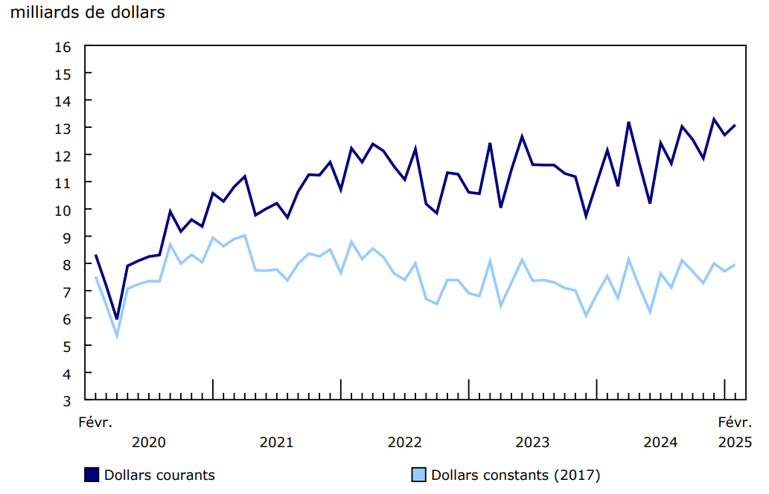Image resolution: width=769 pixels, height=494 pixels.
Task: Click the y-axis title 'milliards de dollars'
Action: (x=88, y=13)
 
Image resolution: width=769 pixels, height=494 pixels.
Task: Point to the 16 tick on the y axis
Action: (x=63, y=46)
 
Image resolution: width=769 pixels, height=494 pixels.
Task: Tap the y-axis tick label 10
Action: (x=63, y=210)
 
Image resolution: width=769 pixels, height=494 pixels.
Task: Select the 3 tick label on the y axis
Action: (x=66, y=400)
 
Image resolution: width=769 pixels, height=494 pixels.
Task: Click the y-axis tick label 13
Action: (x=63, y=128)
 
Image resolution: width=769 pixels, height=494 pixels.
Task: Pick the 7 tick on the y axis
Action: (x=66, y=292)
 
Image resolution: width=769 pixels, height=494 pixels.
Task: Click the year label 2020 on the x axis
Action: (x=148, y=443)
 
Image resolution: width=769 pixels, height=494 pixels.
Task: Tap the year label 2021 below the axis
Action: (x=276, y=443)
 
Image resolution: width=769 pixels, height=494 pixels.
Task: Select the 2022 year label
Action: (x=404, y=443)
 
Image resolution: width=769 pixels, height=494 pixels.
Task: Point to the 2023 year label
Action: (x=532, y=443)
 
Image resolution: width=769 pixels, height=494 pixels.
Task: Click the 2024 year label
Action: (x=660, y=443)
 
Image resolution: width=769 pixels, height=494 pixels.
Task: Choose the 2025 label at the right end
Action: (x=735, y=443)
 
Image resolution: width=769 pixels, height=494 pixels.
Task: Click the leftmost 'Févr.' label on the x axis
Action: (x=95, y=423)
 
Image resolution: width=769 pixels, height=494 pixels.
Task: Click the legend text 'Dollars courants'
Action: (x=159, y=475)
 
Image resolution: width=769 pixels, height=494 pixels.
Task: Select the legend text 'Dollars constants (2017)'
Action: (x=515, y=475)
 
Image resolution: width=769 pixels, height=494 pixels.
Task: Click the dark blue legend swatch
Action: (x=92, y=475)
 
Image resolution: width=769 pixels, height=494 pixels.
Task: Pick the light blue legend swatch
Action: (x=419, y=475)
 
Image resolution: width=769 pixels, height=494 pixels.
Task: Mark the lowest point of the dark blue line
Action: (x=117, y=318)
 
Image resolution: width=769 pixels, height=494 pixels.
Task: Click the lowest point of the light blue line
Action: (x=117, y=336)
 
